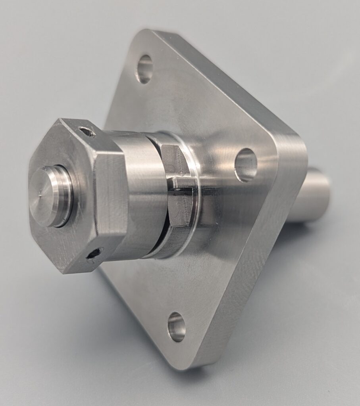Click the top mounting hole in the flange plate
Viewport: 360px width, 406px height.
coord(144,69)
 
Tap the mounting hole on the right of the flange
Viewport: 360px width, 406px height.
coord(246,165)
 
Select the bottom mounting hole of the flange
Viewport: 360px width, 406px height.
coord(177,327)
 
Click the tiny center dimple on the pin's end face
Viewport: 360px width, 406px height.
coord(41,195)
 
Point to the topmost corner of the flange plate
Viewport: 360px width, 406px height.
coord(149,32)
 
